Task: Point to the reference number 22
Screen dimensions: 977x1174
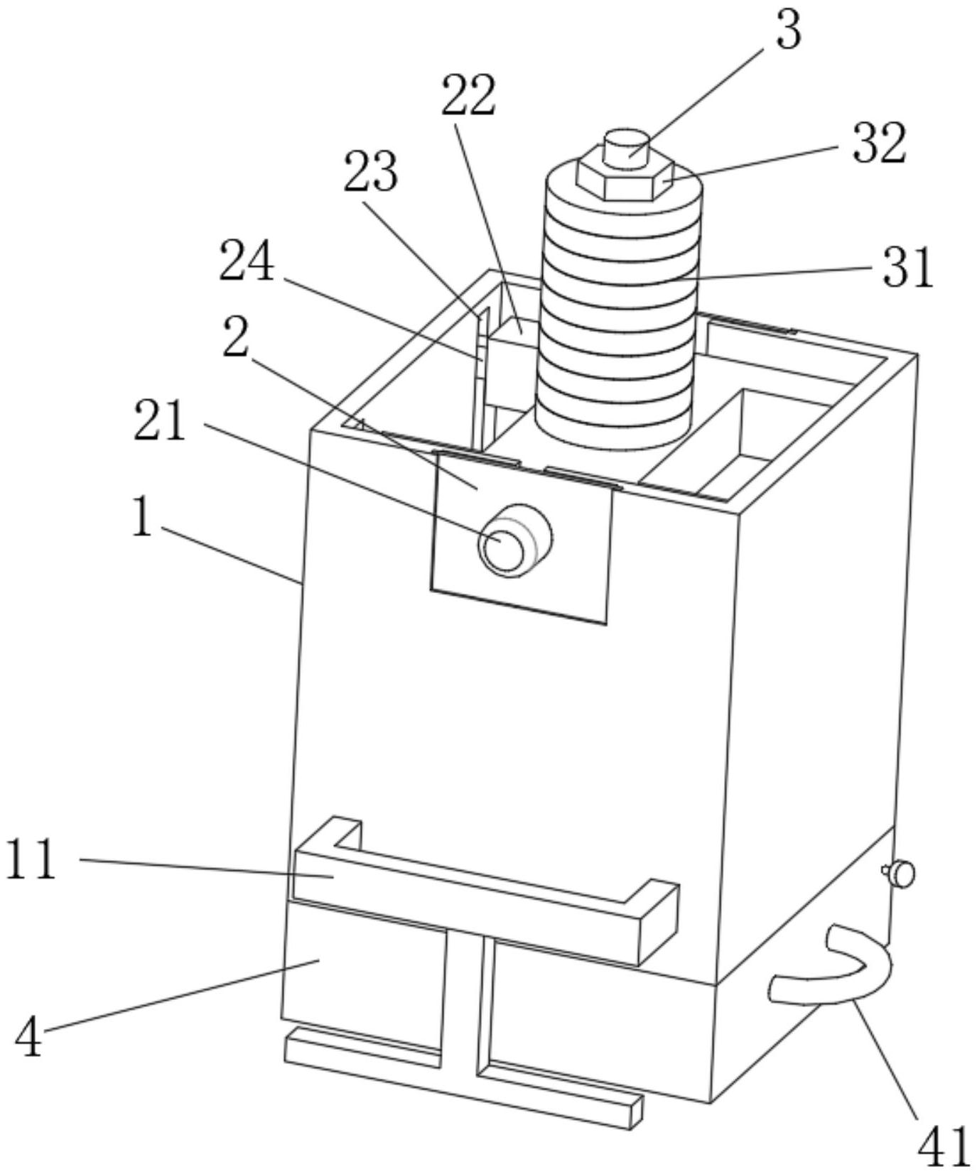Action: (468, 96)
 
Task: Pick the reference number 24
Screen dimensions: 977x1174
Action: (247, 261)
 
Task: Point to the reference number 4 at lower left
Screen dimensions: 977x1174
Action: (28, 1036)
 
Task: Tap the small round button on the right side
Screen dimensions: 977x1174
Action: (900, 874)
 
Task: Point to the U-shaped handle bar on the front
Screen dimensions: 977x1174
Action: (485, 892)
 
